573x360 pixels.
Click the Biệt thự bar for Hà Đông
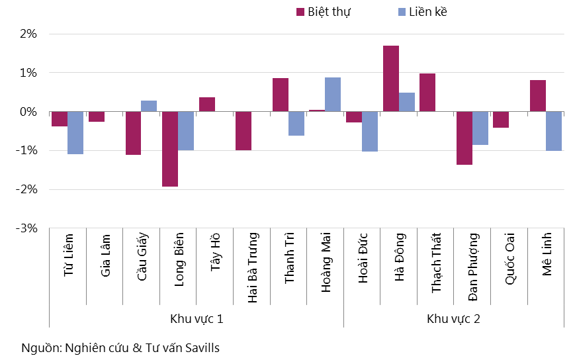point(391,78)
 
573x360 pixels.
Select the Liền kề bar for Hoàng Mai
point(333,95)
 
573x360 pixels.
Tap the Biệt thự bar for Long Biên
point(170,149)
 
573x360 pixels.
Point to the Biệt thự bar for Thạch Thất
point(427,92)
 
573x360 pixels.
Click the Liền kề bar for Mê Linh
point(554,131)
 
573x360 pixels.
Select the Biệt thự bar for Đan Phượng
point(464,138)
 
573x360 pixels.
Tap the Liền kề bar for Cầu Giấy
point(149,106)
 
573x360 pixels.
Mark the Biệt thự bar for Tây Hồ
point(207,105)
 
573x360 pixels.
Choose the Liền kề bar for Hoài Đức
point(369,131)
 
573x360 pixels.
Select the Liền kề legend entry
point(423,12)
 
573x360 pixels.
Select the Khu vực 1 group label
point(197,319)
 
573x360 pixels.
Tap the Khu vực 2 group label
point(454,319)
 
